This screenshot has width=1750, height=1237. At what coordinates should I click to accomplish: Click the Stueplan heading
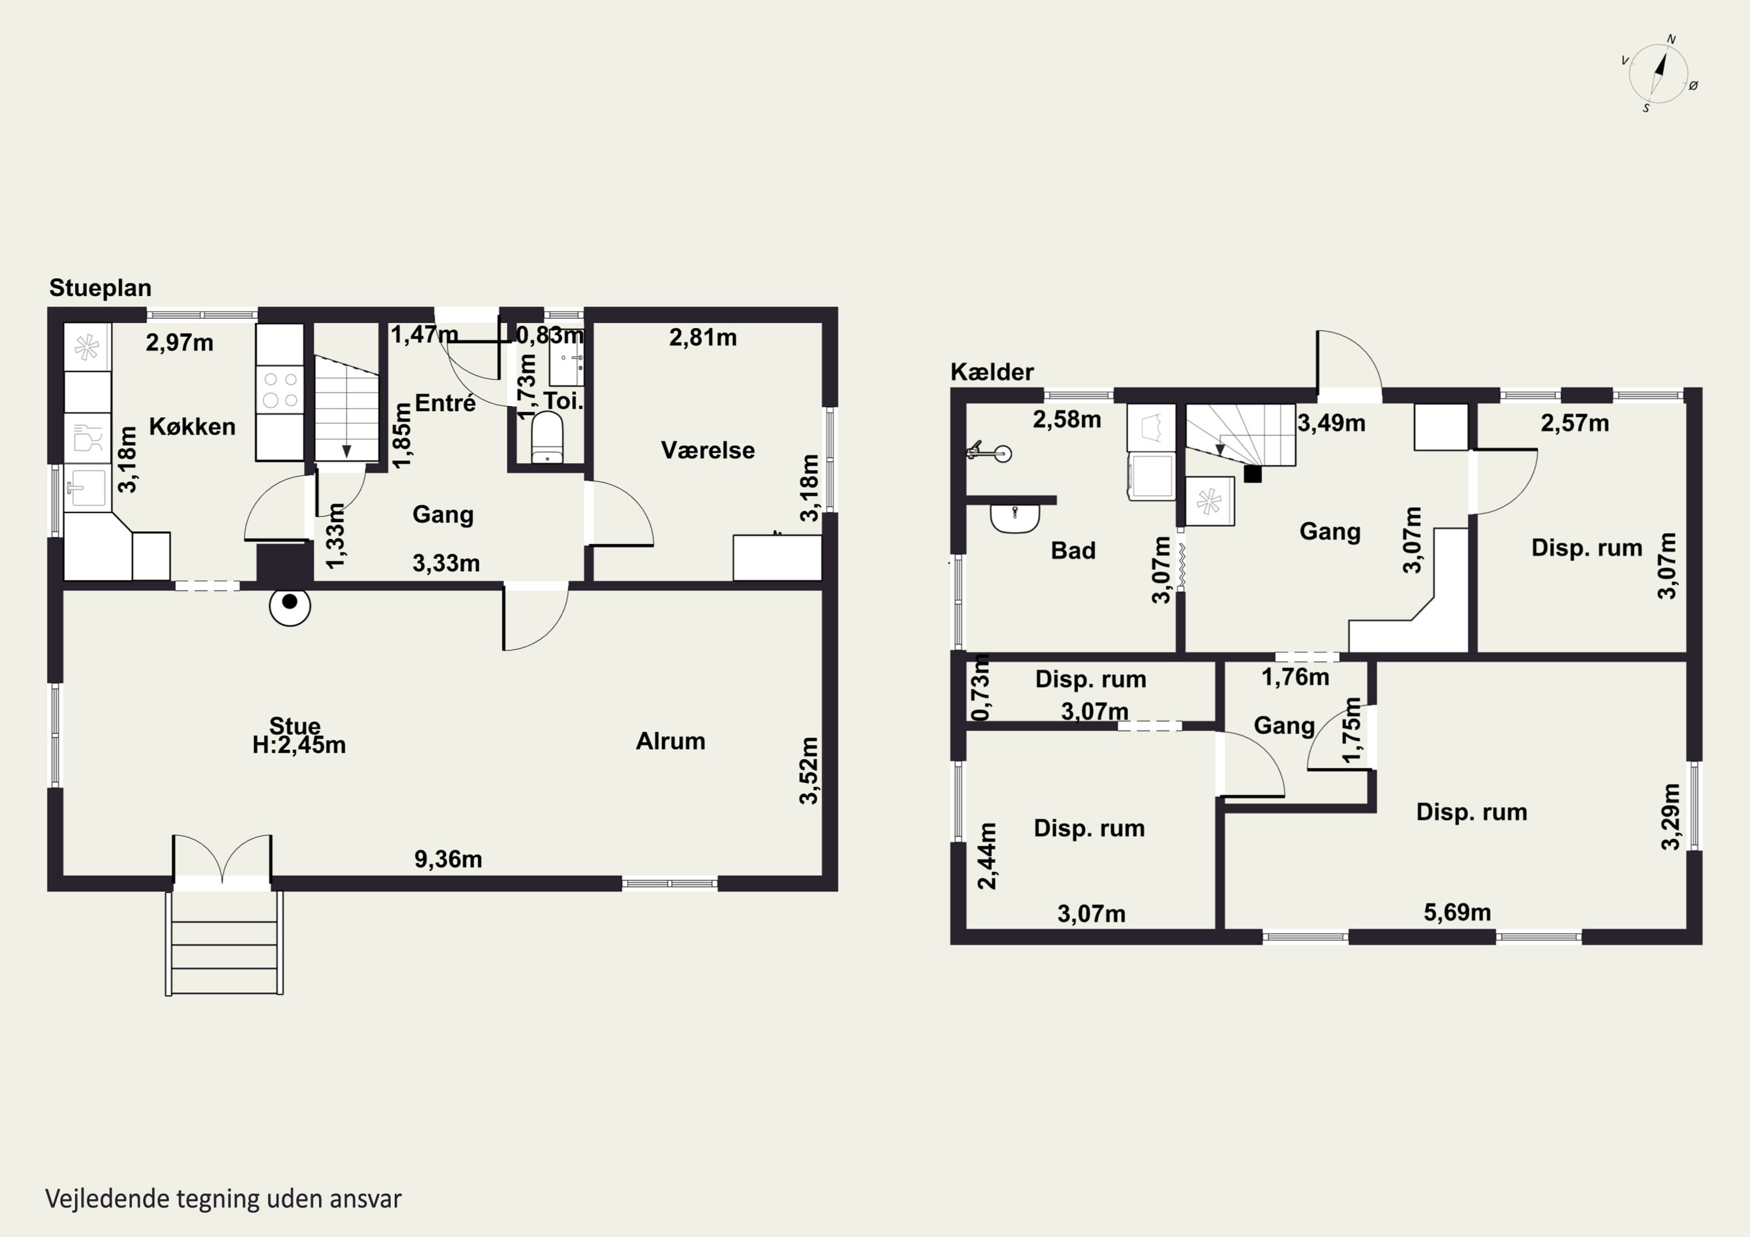100,288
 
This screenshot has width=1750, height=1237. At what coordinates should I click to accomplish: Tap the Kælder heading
992,372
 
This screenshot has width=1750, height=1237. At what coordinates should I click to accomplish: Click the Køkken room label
192,426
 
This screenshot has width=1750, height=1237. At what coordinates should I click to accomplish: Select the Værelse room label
708,450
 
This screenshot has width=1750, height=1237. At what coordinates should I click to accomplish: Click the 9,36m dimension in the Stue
448,859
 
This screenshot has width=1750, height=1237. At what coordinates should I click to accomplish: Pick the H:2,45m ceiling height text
299,745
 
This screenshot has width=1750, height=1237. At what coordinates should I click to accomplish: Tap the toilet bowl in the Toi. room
547,437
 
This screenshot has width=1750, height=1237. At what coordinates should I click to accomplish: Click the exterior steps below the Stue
224,943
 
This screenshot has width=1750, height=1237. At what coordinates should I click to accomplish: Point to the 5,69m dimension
1457,912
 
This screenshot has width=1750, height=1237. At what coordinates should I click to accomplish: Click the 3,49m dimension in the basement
1331,423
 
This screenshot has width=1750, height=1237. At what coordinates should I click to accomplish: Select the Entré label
445,402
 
